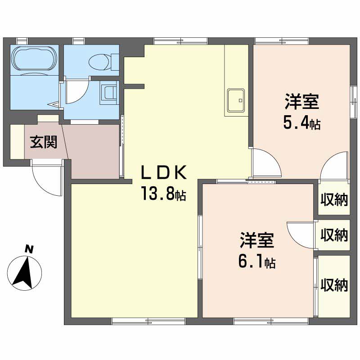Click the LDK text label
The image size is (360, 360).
(x=163, y=173)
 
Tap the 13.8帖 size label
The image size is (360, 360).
(x=163, y=194)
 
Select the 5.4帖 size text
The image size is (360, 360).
(x=301, y=123)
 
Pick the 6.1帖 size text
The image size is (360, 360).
(x=256, y=261)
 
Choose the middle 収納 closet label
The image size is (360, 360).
(x=334, y=234)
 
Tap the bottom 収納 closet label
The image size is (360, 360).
(x=334, y=284)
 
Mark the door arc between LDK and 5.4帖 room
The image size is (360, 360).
(x=265, y=162)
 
